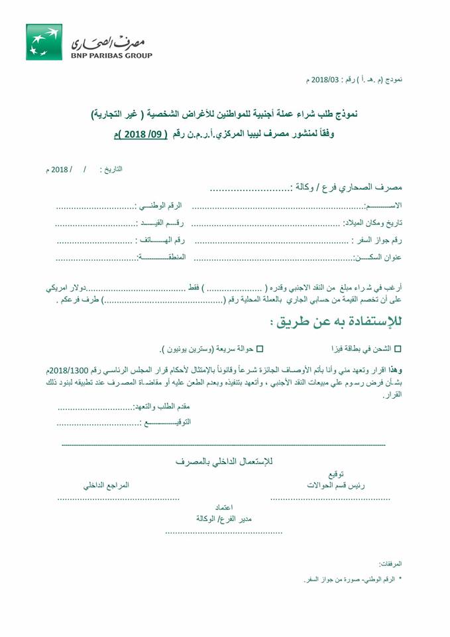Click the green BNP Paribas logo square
tap(44, 42)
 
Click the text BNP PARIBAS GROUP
tap(111, 55)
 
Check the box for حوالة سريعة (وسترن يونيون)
tap(259, 348)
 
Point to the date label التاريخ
tap(114, 169)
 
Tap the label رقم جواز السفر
tap(380, 240)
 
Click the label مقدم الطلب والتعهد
tap(162, 407)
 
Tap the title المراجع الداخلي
tap(106, 485)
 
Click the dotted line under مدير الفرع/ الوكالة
tap(224, 532)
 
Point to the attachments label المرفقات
tap(389, 563)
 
